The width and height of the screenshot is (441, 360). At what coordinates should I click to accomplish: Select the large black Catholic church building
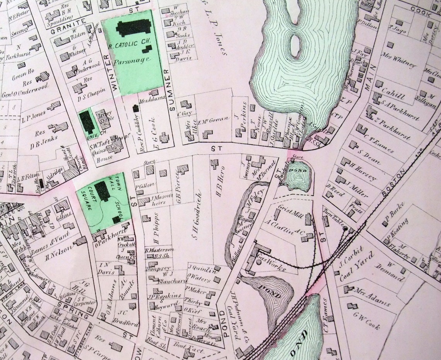click(134, 28)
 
